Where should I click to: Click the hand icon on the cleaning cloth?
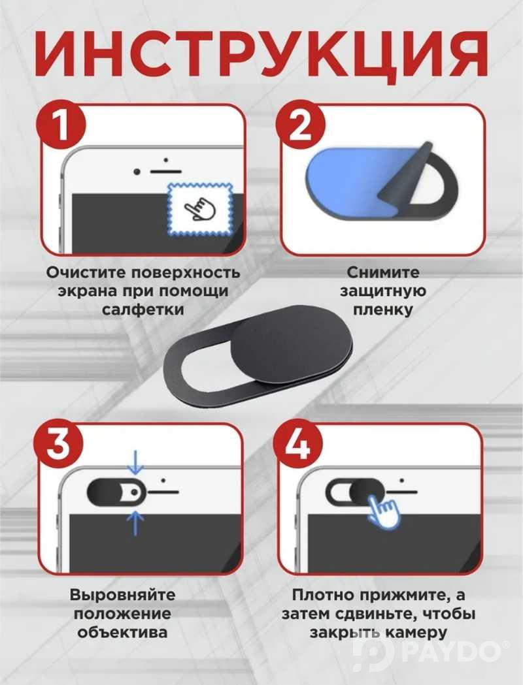(200, 208)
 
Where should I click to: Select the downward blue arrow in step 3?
(135, 462)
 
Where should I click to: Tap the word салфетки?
(143, 310)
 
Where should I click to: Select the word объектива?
(122, 633)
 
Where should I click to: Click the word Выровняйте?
(122, 596)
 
